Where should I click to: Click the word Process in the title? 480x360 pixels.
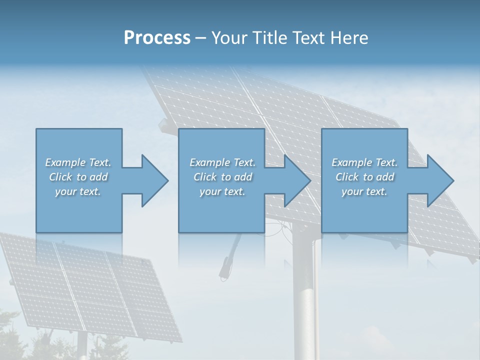pyautogui.click(x=157, y=38)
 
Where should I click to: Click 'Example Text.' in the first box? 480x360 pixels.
pyautogui.click(x=78, y=162)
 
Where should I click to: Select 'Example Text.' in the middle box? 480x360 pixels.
pyautogui.click(x=222, y=162)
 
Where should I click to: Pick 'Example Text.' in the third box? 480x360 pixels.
pyautogui.click(x=364, y=162)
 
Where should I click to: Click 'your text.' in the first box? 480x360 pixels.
pyautogui.click(x=78, y=191)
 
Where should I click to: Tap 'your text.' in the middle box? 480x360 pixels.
pyautogui.click(x=222, y=191)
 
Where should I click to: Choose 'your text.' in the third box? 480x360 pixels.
pyautogui.click(x=364, y=191)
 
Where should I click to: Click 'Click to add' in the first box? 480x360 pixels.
pyautogui.click(x=78, y=177)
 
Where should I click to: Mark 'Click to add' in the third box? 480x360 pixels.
pyautogui.click(x=364, y=177)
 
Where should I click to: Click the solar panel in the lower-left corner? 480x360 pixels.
pyautogui.click(x=90, y=285)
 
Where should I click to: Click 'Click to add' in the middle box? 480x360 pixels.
pyautogui.click(x=222, y=177)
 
